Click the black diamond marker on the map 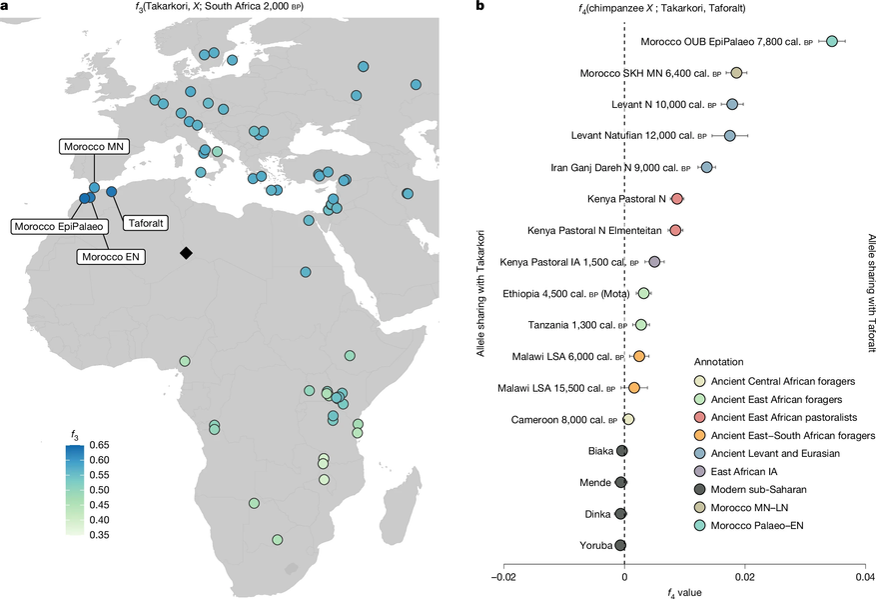[x=186, y=253]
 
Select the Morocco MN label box [x=91, y=147]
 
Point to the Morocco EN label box [x=112, y=256]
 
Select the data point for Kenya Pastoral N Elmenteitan [x=676, y=230]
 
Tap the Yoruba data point [x=620, y=545]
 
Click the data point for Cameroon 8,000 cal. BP [x=628, y=419]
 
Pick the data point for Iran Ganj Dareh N [x=707, y=167]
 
